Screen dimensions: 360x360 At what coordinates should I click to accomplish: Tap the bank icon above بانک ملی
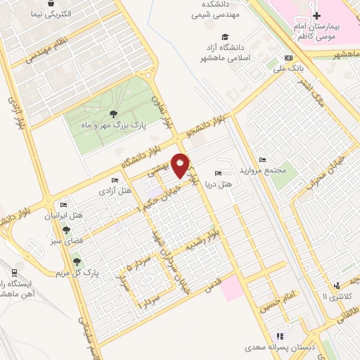pos(288,58)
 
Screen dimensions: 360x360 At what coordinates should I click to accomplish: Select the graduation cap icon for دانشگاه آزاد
pos(224,37)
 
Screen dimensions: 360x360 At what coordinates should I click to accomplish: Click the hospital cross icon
pos(317,15)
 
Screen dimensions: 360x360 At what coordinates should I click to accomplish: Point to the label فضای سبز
pos(64,240)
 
